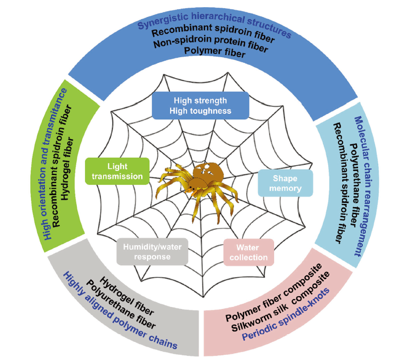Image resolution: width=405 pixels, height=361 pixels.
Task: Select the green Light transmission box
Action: [x=117, y=171]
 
